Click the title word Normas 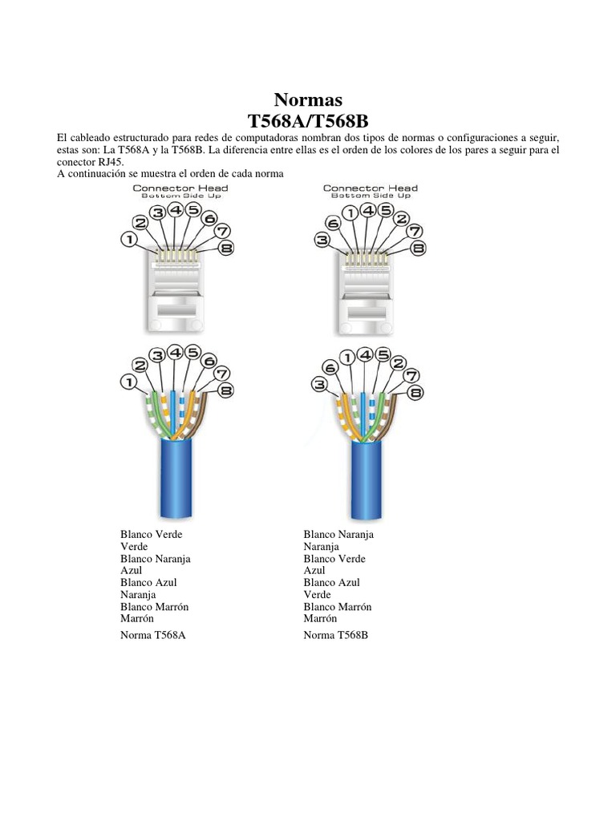pyautogui.click(x=308, y=100)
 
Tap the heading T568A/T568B pyautogui.click(x=308, y=121)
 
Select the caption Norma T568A pyautogui.click(x=158, y=634)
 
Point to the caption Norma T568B pyautogui.click(x=335, y=634)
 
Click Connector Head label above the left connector pyautogui.click(x=180, y=188)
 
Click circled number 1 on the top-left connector pyautogui.click(x=129, y=238)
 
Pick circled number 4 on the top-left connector pyautogui.click(x=175, y=210)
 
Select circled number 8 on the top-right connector pyautogui.click(x=417, y=249)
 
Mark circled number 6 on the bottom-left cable pyautogui.click(x=209, y=360)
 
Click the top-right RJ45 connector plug pyautogui.click(x=367, y=289)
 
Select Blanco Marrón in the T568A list pyautogui.click(x=154, y=607)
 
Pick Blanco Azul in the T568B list pyautogui.click(x=331, y=582)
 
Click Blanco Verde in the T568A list pyautogui.click(x=151, y=534)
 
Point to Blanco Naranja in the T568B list pyautogui.click(x=338, y=534)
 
